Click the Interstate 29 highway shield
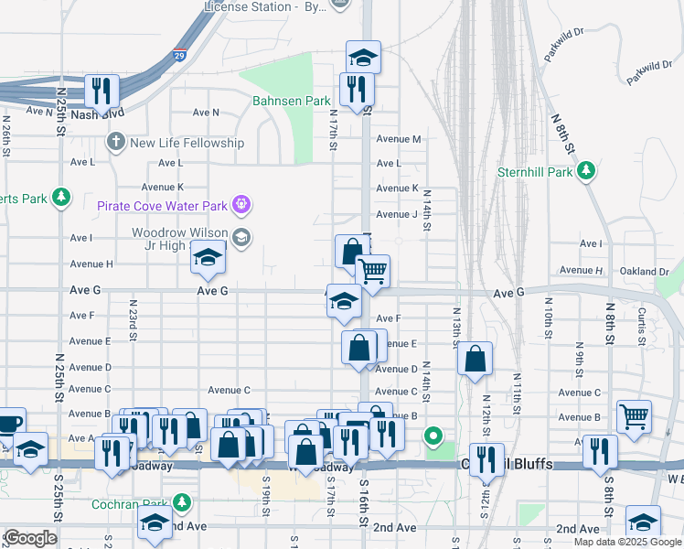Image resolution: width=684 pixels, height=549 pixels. click(180, 56)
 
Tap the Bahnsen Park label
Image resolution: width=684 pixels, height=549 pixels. click(291, 101)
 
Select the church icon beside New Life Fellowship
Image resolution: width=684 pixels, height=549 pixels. click(114, 142)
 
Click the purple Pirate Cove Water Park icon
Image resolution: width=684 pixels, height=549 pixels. click(241, 203)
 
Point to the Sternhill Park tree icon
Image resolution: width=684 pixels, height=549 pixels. click(586, 171)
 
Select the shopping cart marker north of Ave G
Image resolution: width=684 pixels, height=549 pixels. click(372, 271)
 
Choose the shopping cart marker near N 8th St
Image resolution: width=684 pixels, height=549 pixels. click(634, 416)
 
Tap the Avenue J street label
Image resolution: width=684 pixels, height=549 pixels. click(396, 214)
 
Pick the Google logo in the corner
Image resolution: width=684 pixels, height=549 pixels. click(30, 538)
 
